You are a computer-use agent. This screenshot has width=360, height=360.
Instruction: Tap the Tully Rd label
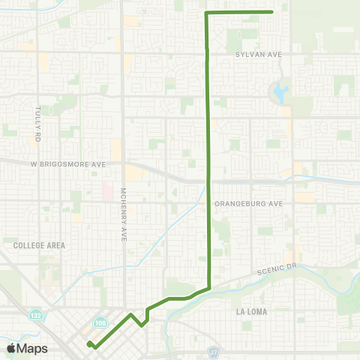(37, 124)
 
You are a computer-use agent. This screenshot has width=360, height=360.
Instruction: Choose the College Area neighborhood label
(39, 245)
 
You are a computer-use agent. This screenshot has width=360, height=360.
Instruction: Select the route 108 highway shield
(100, 321)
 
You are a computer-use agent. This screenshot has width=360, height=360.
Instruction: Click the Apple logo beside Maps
(11, 348)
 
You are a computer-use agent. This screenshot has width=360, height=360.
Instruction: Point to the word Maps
(32, 349)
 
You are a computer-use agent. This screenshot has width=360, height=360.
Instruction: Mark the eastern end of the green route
(272, 12)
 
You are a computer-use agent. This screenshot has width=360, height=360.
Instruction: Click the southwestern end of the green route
(89, 343)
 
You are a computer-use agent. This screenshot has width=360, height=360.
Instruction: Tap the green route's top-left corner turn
(206, 13)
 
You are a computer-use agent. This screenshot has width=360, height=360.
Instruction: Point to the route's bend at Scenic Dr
(209, 287)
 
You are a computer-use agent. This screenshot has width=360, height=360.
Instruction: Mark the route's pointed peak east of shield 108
(130, 314)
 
